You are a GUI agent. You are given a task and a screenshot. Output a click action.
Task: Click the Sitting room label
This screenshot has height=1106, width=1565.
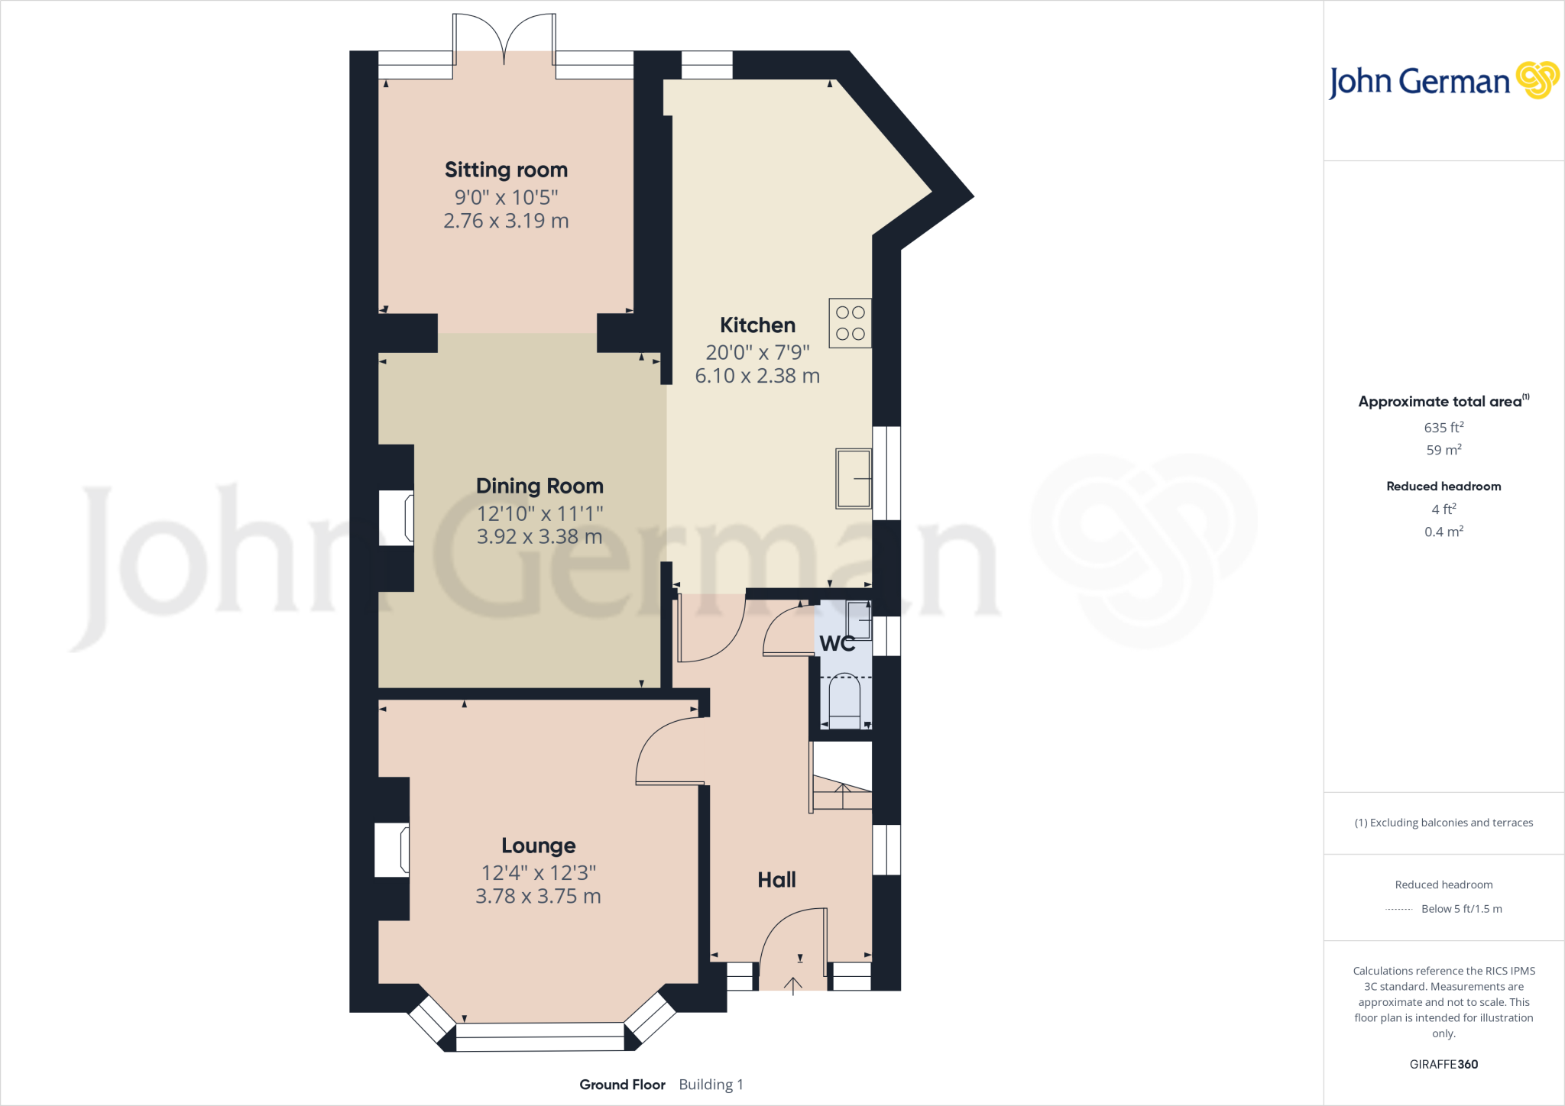tap(506, 170)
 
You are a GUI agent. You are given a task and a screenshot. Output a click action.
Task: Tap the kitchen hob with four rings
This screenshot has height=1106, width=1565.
tap(850, 323)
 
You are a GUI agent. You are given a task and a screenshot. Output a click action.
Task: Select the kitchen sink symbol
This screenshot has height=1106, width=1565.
tap(853, 479)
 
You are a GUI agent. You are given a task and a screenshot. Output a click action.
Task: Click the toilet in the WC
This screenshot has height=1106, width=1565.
tap(844, 700)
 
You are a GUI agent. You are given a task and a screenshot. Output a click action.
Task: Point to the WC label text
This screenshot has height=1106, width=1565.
tap(837, 644)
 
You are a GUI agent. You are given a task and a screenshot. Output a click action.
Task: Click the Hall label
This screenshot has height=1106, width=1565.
tap(776, 880)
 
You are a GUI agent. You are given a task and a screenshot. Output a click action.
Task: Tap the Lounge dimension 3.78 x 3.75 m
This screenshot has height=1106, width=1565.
tap(538, 896)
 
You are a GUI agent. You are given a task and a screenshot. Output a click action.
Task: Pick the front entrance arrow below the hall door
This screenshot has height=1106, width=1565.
tap(793, 986)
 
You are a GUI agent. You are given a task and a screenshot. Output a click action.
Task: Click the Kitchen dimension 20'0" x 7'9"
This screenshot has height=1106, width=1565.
tap(757, 352)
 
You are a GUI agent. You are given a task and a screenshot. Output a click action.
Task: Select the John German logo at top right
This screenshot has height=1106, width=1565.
tap(1443, 81)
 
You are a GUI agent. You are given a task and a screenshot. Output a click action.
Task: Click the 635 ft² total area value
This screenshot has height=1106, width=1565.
tap(1443, 428)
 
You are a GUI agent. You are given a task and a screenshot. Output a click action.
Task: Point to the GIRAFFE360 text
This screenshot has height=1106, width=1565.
tap(1443, 1064)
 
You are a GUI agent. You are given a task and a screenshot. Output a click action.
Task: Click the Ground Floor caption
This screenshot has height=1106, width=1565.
tap(622, 1085)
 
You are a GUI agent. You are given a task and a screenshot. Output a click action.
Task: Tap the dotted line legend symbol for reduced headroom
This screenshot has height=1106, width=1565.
tap(1398, 909)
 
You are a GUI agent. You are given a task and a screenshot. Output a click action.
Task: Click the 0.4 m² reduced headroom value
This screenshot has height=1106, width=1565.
tap(1443, 532)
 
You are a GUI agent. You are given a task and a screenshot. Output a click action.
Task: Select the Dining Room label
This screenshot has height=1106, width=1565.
tap(539, 486)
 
